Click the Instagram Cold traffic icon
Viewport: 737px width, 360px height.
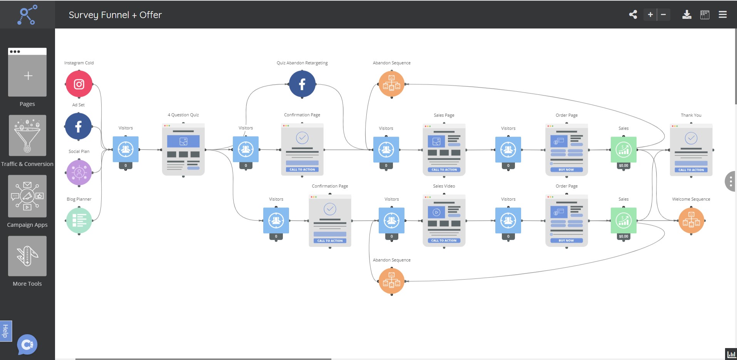(79, 84)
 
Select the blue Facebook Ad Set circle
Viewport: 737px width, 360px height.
(79, 126)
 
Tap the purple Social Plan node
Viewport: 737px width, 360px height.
(79, 172)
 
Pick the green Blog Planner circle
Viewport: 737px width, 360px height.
(79, 221)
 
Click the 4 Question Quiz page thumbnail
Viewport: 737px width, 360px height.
(183, 149)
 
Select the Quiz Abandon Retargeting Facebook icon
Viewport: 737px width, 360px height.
(302, 84)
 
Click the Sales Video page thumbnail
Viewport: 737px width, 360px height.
(444, 221)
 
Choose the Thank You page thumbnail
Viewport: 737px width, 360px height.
(691, 150)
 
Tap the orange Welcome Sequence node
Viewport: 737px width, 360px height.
(691, 221)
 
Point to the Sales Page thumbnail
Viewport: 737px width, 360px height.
(444, 150)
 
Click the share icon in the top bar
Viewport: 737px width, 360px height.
(633, 15)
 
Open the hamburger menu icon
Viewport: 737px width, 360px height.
(722, 15)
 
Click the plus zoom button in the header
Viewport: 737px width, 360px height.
(650, 15)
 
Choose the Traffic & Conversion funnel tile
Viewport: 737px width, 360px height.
(27, 136)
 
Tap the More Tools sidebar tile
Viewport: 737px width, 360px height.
(27, 256)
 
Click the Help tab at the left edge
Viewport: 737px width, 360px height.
(5, 331)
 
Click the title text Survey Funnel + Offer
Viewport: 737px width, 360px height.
(115, 15)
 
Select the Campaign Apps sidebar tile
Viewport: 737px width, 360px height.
(27, 196)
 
